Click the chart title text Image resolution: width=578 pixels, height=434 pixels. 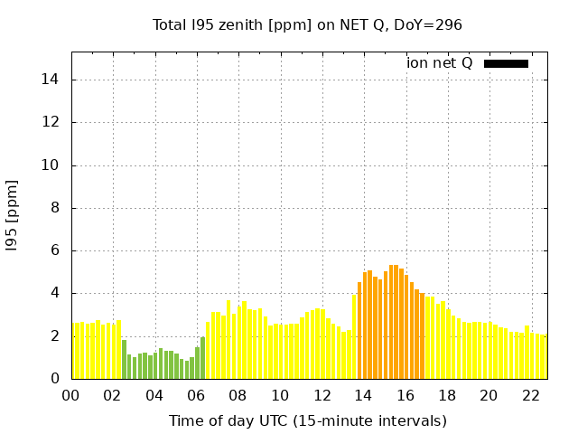point(307,24)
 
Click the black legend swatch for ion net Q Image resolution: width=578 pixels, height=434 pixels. point(506,63)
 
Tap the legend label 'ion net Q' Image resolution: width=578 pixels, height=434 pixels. point(440,63)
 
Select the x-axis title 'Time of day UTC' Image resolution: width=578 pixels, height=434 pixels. point(307,420)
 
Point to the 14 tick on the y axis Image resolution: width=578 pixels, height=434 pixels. point(53,80)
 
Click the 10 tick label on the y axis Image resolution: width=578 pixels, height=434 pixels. point(53,165)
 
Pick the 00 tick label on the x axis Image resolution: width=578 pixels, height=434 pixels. point(70,395)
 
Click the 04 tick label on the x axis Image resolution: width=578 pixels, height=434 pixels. point(154,395)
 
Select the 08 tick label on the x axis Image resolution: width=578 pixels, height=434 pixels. point(238,395)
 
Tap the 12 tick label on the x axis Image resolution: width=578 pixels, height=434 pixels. point(322,395)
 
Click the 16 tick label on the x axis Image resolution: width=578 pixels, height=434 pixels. point(406,395)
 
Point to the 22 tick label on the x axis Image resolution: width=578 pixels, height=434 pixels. point(531,395)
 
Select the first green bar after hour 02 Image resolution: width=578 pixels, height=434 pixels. point(125,360)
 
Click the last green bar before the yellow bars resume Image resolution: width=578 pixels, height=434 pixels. point(203,358)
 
